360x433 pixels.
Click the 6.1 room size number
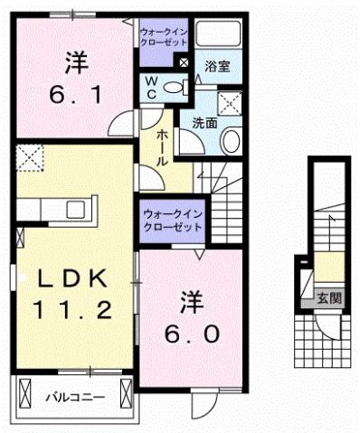coord(76,94)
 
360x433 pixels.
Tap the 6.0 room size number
coord(191,334)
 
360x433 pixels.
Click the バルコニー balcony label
coord(76,396)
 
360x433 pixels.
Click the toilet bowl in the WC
coord(185,87)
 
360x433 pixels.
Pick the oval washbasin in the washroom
coord(232,141)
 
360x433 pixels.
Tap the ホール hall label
coord(161,146)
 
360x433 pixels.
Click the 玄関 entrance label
coord(327,295)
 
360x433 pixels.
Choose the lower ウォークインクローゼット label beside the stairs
coord(172,220)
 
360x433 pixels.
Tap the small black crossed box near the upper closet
coord(184,62)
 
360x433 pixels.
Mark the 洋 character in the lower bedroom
coord(191,300)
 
